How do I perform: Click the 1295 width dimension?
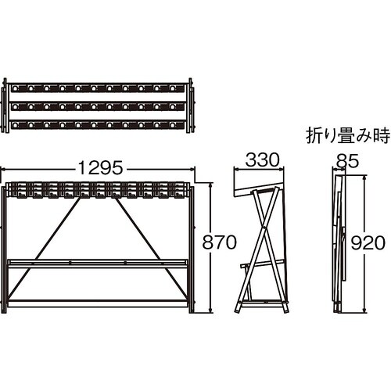pyautogui.click(x=100, y=168)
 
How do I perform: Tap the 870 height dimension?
pyautogui.click(x=220, y=242)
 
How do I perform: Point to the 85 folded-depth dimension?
pyautogui.click(x=347, y=161)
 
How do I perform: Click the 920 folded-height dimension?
pyautogui.click(x=368, y=243)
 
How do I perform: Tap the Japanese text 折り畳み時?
pyautogui.click(x=348, y=135)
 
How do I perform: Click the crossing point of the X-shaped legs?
pyautogui.click(x=264, y=228)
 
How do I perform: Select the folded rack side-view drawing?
pyautogui.click(x=340, y=244)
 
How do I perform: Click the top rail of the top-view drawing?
pyautogui.click(x=98, y=88)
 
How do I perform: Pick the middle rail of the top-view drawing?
pyautogui.click(x=98, y=106)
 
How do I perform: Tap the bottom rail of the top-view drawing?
pyautogui.click(x=98, y=125)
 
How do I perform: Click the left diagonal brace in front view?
pyautogui.click(x=44, y=248)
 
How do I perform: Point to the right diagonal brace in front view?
pyautogui.click(x=151, y=248)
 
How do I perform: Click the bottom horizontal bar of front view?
pyautogui.click(x=98, y=303)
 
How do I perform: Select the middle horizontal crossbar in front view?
pyautogui.click(x=98, y=264)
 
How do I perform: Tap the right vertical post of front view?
pyautogui.click(x=192, y=249)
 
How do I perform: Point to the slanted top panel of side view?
pyautogui.click(x=260, y=188)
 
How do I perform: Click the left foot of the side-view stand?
pyautogui.click(x=239, y=307)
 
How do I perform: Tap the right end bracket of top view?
pyautogui.click(x=191, y=106)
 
